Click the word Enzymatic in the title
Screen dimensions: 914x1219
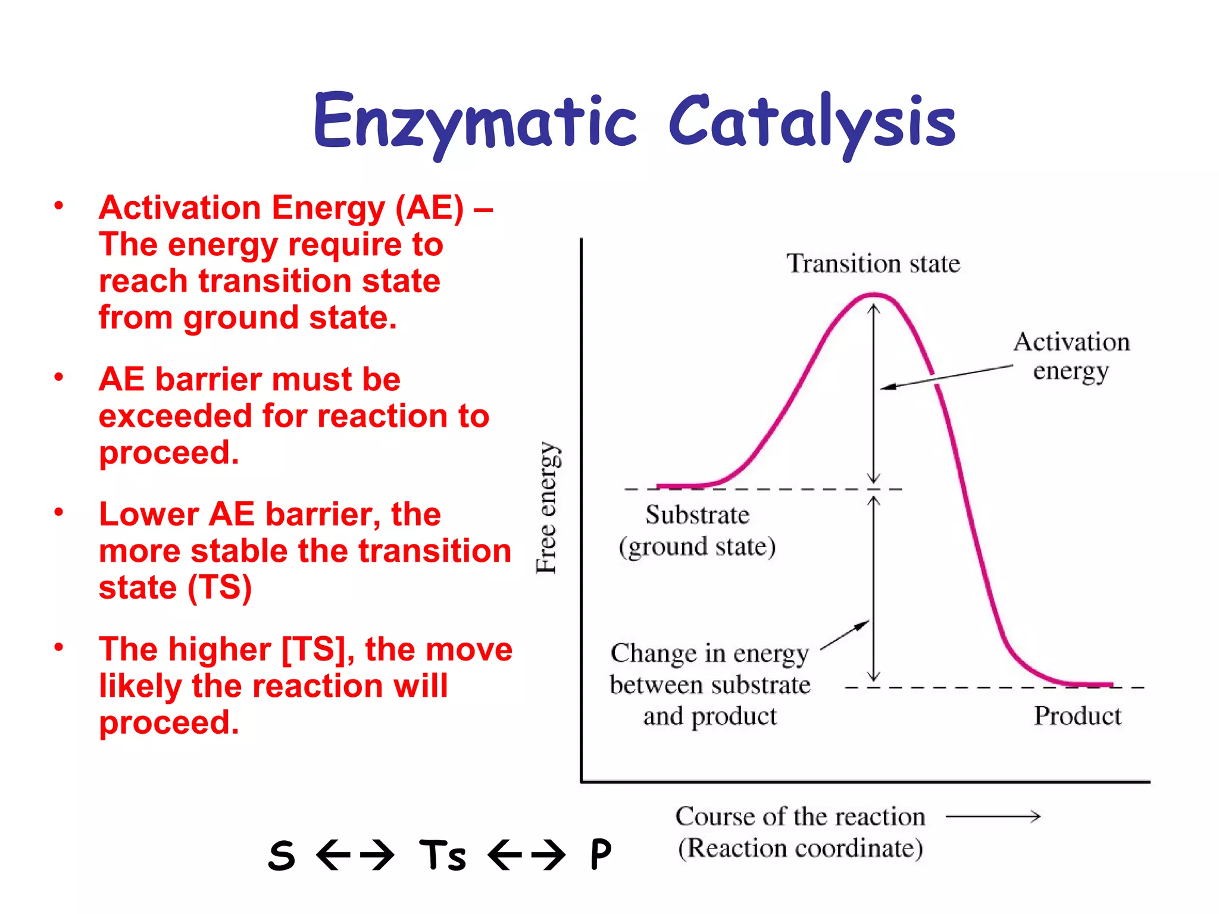tap(475, 123)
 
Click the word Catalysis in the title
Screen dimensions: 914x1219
tap(812, 123)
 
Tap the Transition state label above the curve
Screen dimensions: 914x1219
tap(873, 264)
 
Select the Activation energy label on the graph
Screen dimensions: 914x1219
tap(1071, 356)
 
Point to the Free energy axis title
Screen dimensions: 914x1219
tap(546, 508)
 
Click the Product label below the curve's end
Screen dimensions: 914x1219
tap(1077, 716)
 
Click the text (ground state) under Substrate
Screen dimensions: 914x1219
tap(697, 547)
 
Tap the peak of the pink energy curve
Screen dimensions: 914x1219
tap(873, 295)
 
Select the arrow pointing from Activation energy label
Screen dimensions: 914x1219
tap(946, 377)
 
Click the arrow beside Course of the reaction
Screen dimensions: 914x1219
tap(993, 816)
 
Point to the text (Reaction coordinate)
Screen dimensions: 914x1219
tap(800, 848)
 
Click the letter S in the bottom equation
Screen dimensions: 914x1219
tap(282, 855)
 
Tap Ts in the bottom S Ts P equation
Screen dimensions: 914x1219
tap(442, 855)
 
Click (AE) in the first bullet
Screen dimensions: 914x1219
tap(429, 209)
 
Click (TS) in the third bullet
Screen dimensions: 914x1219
tap(220, 588)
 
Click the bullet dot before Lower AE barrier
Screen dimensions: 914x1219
tap(58, 512)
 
